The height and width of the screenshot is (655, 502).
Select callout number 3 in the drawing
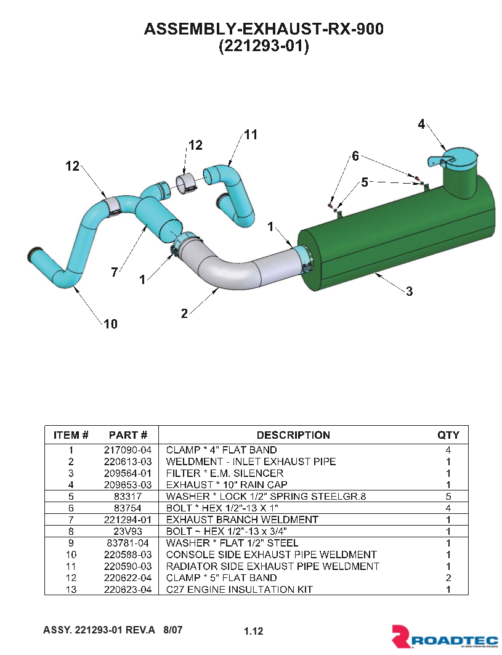point(410,292)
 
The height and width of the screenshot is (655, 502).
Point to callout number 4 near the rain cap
point(421,124)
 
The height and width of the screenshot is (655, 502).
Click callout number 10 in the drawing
point(110,323)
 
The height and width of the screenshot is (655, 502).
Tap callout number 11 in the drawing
point(250,135)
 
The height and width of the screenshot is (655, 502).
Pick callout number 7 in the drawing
point(115,273)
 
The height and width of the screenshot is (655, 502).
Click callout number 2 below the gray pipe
point(184,314)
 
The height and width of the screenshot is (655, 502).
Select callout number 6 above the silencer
point(355,157)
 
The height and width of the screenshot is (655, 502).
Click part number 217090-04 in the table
point(128,450)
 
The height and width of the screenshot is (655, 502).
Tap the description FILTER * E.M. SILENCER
point(225,473)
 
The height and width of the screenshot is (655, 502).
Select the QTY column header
point(448,435)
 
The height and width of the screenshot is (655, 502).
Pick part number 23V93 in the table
point(128,531)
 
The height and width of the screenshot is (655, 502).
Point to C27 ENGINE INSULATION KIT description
point(239,590)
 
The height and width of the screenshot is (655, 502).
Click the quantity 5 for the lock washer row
point(448,496)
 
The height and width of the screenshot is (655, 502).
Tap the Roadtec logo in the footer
point(445,637)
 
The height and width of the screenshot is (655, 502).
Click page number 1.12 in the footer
point(254,631)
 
